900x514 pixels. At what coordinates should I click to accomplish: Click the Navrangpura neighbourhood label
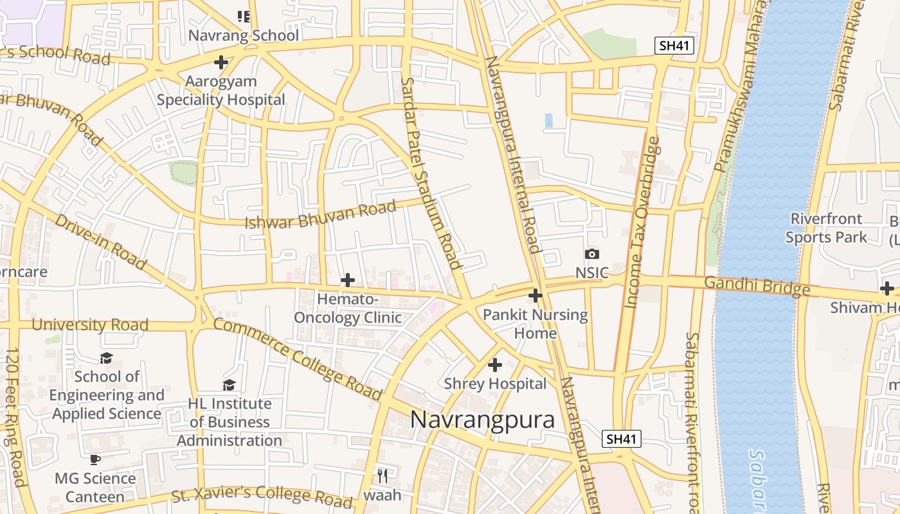click(x=482, y=420)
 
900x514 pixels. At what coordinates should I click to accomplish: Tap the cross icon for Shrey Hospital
click(x=494, y=365)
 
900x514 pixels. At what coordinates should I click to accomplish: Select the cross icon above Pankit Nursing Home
click(x=535, y=296)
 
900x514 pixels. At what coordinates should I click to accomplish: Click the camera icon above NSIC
click(x=591, y=254)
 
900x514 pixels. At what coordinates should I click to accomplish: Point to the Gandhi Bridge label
click(x=757, y=286)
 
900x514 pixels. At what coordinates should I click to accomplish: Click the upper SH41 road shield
click(x=674, y=46)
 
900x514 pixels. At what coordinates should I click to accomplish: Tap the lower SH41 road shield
click(x=622, y=439)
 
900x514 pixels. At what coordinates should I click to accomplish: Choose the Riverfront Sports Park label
click(x=826, y=228)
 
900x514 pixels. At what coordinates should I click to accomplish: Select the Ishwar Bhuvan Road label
click(x=319, y=215)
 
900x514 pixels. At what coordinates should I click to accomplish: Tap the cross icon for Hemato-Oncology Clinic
click(x=347, y=280)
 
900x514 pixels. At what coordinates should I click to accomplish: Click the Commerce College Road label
click(x=297, y=359)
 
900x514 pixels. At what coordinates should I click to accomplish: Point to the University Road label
click(x=90, y=324)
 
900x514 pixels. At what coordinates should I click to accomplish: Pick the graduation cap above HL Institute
click(x=229, y=385)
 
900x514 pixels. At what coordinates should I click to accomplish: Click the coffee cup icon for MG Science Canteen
click(x=94, y=459)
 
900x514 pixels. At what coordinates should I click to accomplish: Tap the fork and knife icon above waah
click(x=382, y=475)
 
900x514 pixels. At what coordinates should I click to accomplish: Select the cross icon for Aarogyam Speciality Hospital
click(x=221, y=62)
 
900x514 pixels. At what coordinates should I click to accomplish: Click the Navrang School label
click(x=243, y=35)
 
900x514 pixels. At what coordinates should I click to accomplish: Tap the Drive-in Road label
click(x=100, y=241)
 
